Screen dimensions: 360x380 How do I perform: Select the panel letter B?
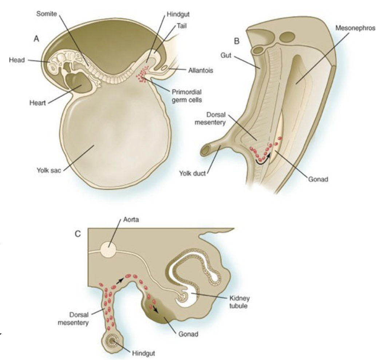237,41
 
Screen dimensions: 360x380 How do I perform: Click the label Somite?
47,13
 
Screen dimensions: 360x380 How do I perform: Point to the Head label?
17,60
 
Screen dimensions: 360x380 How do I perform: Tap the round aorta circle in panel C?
108,250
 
